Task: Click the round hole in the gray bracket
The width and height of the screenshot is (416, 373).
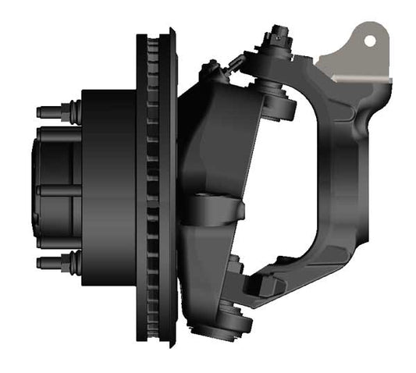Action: (370, 38)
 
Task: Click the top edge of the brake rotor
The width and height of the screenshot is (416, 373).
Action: (157, 34)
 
